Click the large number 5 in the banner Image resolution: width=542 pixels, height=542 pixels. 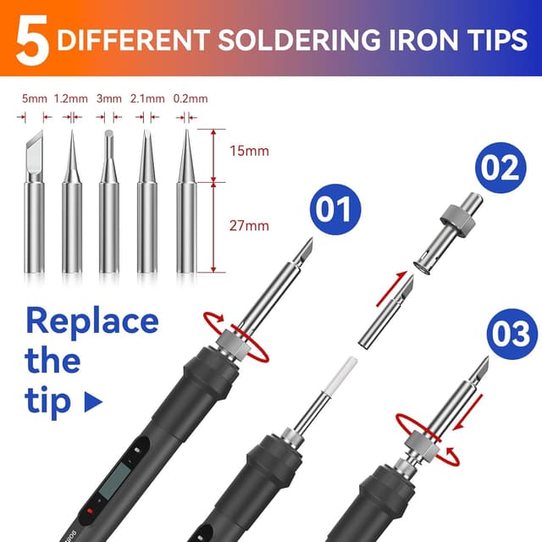click(x=30, y=41)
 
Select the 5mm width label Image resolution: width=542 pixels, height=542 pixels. click(x=35, y=99)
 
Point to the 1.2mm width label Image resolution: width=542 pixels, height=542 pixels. click(x=71, y=99)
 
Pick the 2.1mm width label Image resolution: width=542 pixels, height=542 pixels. click(x=147, y=99)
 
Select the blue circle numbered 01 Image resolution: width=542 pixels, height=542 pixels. click(x=335, y=207)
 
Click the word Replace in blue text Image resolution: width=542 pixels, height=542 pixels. click(x=91, y=321)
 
